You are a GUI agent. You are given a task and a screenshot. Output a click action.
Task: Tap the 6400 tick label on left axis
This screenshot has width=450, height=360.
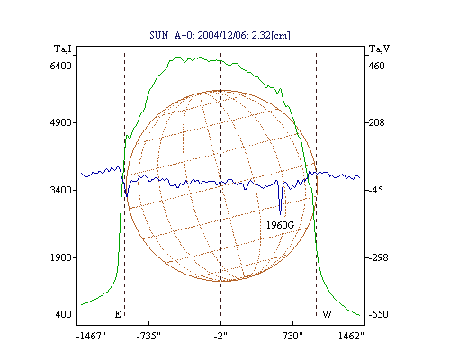pos(60,66)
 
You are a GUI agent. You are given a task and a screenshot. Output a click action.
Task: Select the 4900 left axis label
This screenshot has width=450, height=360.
pos(60,122)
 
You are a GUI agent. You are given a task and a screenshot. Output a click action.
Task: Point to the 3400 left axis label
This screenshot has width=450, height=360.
pos(60,190)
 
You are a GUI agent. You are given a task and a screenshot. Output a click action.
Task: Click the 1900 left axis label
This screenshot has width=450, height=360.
pos(60,257)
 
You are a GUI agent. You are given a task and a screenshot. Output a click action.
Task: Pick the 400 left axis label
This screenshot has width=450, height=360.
pos(63,314)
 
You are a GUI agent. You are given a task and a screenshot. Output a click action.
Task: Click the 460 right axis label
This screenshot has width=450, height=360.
pos(376,66)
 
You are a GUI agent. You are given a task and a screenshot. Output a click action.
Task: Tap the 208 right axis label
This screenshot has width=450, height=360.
pos(376,122)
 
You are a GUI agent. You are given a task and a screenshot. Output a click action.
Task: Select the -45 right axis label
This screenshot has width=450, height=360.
pos(375,190)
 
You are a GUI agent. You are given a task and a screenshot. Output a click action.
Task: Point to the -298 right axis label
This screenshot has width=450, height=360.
pos(378,257)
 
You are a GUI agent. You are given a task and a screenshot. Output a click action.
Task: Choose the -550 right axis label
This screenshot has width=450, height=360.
pos(378,314)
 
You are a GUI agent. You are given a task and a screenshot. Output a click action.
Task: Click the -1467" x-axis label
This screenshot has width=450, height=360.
pos(91,336)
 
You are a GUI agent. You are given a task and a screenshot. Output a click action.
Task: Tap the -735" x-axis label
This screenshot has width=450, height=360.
pos(148,336)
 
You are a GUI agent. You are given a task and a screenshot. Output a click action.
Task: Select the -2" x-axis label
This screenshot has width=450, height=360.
pos(220,336)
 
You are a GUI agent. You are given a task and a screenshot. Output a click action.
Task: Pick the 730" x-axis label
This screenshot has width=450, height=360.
pos(292,336)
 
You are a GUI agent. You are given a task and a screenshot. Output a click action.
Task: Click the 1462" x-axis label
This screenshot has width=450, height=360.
pos(351,336)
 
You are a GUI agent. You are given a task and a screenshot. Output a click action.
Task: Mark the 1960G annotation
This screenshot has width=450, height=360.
pos(280,225)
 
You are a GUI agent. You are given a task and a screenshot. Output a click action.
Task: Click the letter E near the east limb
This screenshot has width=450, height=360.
pos(118,314)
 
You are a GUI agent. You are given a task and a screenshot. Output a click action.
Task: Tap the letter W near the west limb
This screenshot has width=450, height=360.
pos(327,314)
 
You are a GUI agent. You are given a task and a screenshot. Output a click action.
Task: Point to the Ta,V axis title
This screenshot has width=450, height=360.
pos(379,49)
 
